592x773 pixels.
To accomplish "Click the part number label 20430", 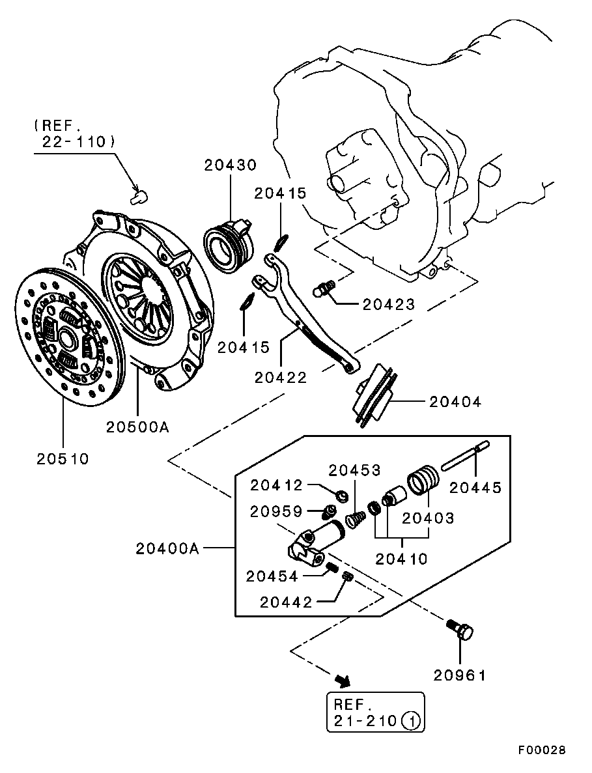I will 230,165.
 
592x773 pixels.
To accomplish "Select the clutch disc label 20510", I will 63,458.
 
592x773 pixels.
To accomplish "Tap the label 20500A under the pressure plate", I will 137,427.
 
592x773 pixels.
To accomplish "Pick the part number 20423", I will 389,304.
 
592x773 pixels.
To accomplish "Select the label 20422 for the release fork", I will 281,377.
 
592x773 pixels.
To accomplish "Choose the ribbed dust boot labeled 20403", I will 424,485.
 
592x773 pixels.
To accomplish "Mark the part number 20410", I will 402,558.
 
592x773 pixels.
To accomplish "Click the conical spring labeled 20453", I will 355,519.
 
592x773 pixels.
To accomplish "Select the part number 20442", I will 287,602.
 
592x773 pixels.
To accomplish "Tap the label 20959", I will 277,512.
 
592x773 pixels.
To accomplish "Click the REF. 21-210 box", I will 375,712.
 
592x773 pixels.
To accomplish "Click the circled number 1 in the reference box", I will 411,721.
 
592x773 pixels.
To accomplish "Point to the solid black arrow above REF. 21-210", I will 342,681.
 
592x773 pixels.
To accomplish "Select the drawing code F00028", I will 542,750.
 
